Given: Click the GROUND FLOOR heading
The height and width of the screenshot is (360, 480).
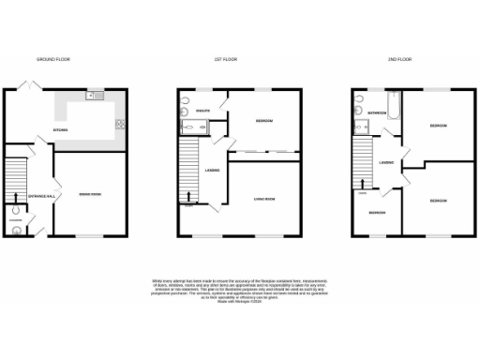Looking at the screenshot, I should tap(53, 59).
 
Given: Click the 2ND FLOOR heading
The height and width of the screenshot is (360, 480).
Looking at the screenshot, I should tap(400, 59).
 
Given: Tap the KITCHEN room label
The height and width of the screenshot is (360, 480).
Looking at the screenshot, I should tap(60, 129).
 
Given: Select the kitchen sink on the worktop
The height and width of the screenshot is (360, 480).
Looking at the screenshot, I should tap(96, 96).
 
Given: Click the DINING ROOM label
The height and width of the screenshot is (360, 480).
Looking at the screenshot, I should tap(91, 194).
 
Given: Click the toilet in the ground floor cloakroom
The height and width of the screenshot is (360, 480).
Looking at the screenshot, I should tap(17, 225).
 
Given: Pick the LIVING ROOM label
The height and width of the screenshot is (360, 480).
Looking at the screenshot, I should tap(265, 199).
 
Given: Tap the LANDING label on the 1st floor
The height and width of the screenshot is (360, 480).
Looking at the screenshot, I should tap(213, 170).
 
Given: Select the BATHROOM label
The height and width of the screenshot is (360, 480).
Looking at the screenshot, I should tap(377, 112).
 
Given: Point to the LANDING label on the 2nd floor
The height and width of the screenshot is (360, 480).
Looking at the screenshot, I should tap(385, 163).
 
